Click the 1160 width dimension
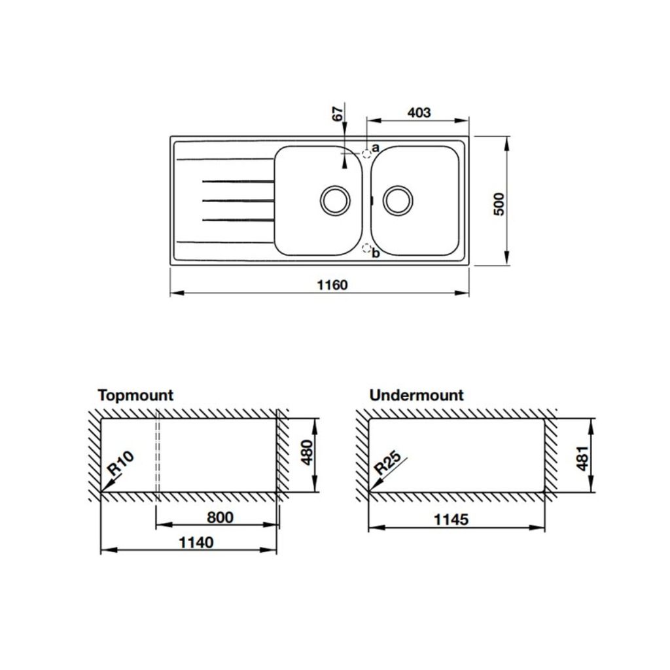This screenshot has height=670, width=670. (332, 285)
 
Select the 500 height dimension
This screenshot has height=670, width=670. (500, 205)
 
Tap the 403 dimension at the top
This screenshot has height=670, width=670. (419, 113)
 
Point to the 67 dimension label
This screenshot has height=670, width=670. (338, 113)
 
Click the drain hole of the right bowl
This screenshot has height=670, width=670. (397, 200)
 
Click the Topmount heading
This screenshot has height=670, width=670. (135, 395)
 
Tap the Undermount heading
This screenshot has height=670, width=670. (416, 395)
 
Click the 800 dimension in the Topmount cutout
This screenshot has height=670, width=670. (220, 518)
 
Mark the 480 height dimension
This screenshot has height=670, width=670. (306, 451)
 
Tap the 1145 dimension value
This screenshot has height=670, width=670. (451, 520)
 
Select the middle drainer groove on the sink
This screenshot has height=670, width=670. (237, 200)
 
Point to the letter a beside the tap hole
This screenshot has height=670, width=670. (376, 149)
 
